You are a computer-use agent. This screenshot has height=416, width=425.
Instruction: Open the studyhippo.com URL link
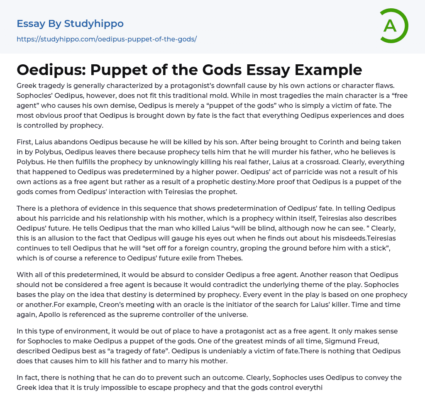click(x=107, y=39)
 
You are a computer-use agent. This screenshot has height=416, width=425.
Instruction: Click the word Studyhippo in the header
click(x=94, y=24)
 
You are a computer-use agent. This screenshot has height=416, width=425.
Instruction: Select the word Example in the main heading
click(x=328, y=70)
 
